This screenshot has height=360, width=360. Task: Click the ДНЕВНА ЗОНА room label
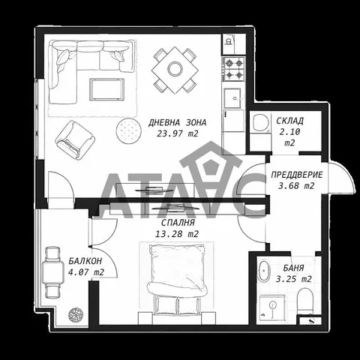point(177,122)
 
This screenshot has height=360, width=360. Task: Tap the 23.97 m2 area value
point(177,133)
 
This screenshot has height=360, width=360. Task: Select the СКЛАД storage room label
point(289,121)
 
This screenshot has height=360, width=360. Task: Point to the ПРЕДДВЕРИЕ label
point(297,175)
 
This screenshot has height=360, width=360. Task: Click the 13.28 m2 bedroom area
point(177,234)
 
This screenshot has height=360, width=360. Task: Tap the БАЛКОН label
point(85,261)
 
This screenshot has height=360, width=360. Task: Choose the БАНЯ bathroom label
point(293,268)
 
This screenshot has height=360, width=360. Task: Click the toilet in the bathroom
point(306,301)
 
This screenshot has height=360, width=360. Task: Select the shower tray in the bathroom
point(272,307)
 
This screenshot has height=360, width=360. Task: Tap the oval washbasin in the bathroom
point(264,271)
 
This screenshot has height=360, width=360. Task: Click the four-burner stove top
point(234,68)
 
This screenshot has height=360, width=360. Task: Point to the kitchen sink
point(233,97)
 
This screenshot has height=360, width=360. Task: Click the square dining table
point(175,70)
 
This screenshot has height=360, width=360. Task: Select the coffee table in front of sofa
point(106,89)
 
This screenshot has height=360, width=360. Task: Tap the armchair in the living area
point(75,140)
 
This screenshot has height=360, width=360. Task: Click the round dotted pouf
point(128,130)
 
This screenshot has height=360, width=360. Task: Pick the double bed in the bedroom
point(177,280)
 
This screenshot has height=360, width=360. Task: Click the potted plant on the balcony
point(76,315)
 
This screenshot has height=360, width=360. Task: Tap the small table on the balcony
point(53,272)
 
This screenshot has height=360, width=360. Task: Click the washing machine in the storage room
point(260,123)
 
